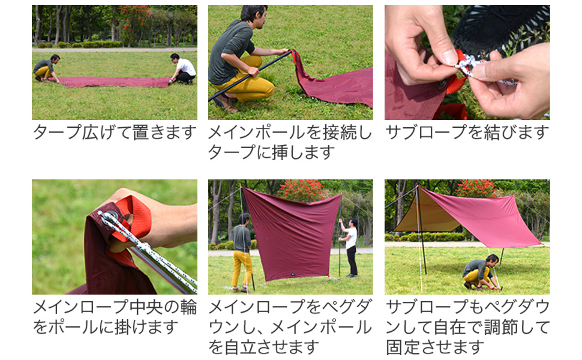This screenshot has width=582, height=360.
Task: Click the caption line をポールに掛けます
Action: click(106, 327)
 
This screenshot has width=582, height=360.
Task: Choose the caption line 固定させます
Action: click(435, 347)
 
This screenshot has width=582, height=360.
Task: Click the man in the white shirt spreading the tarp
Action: click(184, 69)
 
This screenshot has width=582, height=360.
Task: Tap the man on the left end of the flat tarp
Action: click(45, 68)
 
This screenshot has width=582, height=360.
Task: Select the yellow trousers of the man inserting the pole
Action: click(246, 84)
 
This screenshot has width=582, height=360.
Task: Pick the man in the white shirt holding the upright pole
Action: click(350, 246)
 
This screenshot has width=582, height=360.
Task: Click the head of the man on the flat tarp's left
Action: click(55, 58)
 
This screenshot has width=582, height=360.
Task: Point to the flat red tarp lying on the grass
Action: click(114, 82)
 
